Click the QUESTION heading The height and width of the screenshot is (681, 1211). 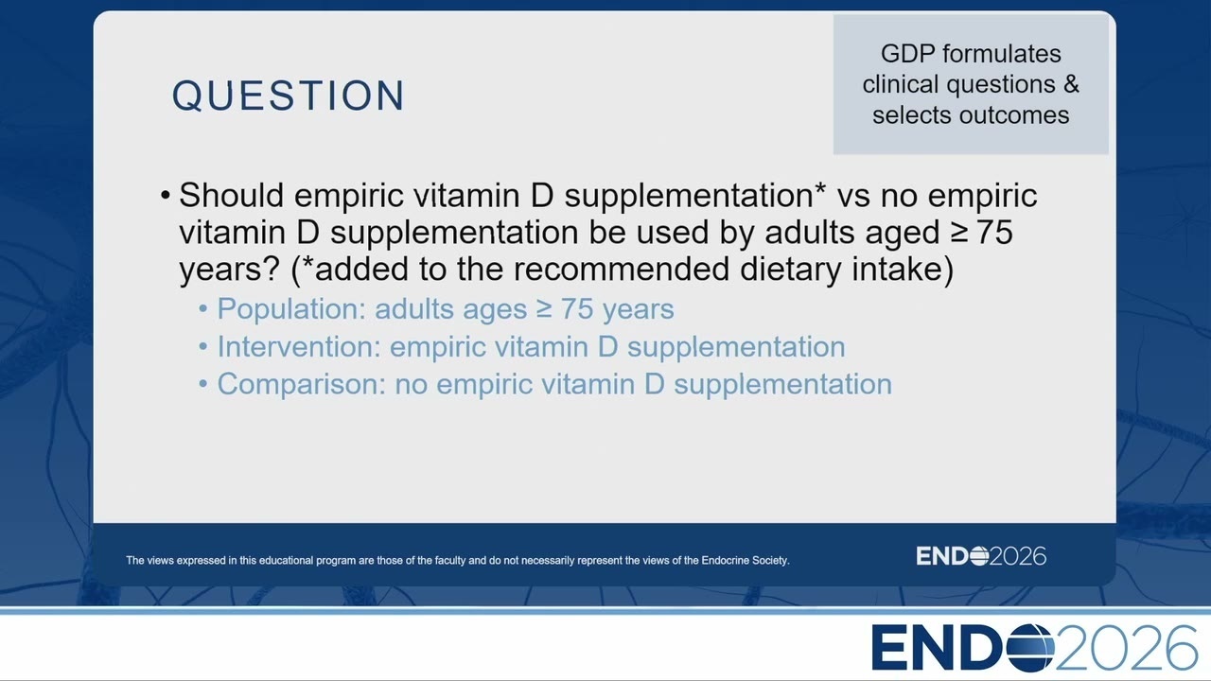[x=289, y=96]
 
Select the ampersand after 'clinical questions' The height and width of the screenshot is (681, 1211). [x=1072, y=84]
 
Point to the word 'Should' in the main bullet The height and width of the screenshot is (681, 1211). [x=232, y=195]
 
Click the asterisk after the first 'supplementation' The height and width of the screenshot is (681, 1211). [x=820, y=189]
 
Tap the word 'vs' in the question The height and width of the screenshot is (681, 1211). [x=853, y=198]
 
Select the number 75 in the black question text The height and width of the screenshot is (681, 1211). [x=995, y=233]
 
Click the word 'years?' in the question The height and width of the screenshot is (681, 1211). [x=229, y=271]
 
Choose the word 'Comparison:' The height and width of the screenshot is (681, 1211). [x=302, y=385]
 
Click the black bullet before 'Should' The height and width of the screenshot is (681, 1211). [x=166, y=195]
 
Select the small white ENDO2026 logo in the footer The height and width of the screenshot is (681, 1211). [x=981, y=556]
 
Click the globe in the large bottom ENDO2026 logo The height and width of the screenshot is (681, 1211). [x=1029, y=648]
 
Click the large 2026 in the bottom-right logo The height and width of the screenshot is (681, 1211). [x=1126, y=648]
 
